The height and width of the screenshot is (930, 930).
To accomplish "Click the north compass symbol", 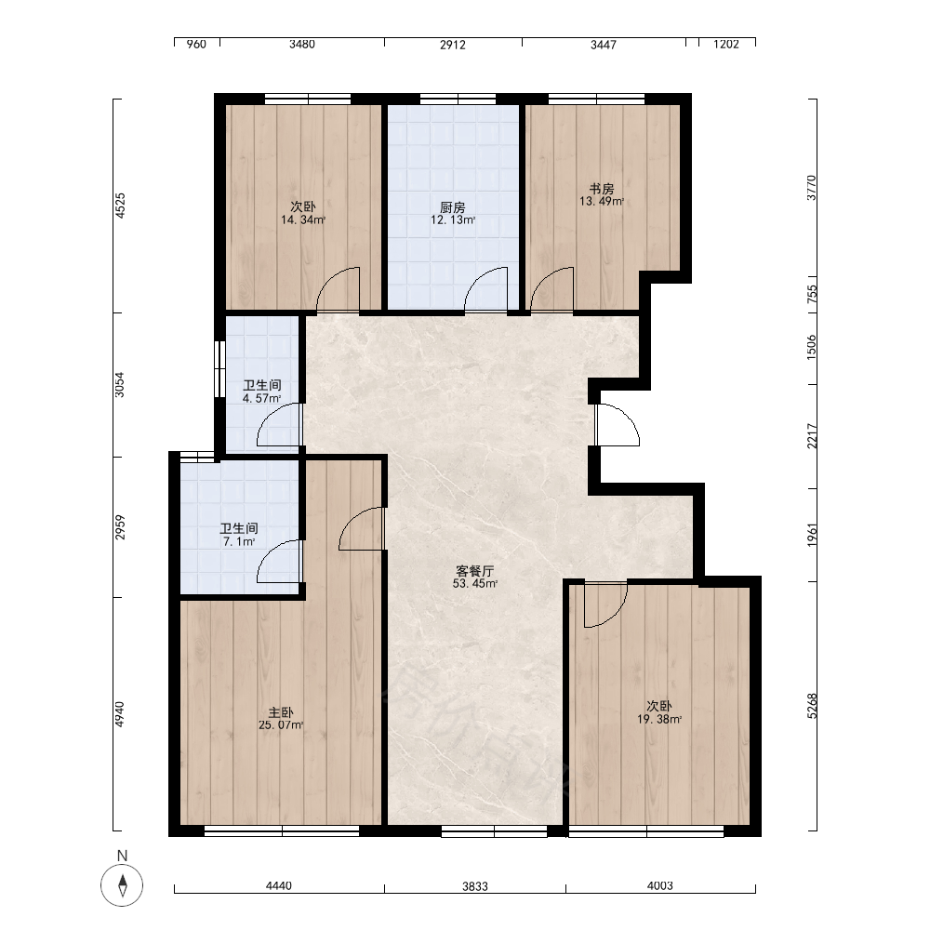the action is (122, 885).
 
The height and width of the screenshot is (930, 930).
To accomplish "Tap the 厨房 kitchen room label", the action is (453, 207).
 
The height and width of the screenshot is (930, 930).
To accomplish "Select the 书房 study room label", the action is (602, 189).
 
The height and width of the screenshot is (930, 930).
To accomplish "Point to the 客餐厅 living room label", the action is (474, 571).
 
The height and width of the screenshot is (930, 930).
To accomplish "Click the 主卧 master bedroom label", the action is (281, 712).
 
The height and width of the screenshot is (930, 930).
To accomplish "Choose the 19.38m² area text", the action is (659, 720).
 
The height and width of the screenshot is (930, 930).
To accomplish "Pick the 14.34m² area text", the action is (303, 220).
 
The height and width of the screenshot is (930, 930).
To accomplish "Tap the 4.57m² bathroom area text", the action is (261, 399).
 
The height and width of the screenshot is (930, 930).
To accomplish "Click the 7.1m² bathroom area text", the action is (238, 541).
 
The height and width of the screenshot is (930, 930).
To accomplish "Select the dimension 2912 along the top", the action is (453, 45).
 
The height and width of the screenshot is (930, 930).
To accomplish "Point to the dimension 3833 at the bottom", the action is (475, 886).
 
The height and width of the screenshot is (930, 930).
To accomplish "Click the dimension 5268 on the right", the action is (812, 706).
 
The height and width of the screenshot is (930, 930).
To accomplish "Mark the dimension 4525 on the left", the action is (120, 206).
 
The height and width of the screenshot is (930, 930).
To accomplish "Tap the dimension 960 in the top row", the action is (196, 45).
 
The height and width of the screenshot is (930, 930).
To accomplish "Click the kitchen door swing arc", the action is (485, 288).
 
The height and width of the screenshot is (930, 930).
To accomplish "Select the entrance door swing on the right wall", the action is (618, 425).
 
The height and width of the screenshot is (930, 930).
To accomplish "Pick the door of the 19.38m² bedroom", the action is (605, 605).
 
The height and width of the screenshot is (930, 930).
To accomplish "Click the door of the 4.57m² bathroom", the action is (280, 425).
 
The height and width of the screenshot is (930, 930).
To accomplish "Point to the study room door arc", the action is (552, 288).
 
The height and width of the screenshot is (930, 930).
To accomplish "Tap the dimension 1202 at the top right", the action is (726, 45).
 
